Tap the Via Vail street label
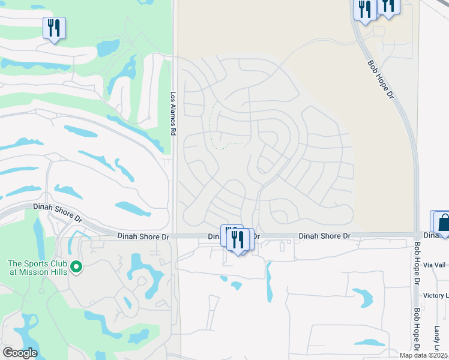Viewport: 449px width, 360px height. pyautogui.click(x=435, y=265)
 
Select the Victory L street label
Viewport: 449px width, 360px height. pyautogui.click(x=436, y=296)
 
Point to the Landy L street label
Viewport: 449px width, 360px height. pyautogui.click(x=438, y=340)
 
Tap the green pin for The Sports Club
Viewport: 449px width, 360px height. pyautogui.click(x=76, y=266)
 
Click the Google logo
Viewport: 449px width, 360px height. pyautogui.click(x=19, y=353)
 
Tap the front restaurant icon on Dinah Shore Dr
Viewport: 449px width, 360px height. pyautogui.click(x=239, y=240)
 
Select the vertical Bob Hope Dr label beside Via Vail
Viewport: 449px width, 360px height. pyautogui.click(x=417, y=265)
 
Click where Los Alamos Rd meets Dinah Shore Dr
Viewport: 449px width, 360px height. pyautogui.click(x=173, y=236)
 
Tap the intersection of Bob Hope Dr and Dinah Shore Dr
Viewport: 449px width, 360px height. pyautogui.click(x=417, y=235)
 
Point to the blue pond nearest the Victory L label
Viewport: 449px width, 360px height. pyautogui.click(x=363, y=296)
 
